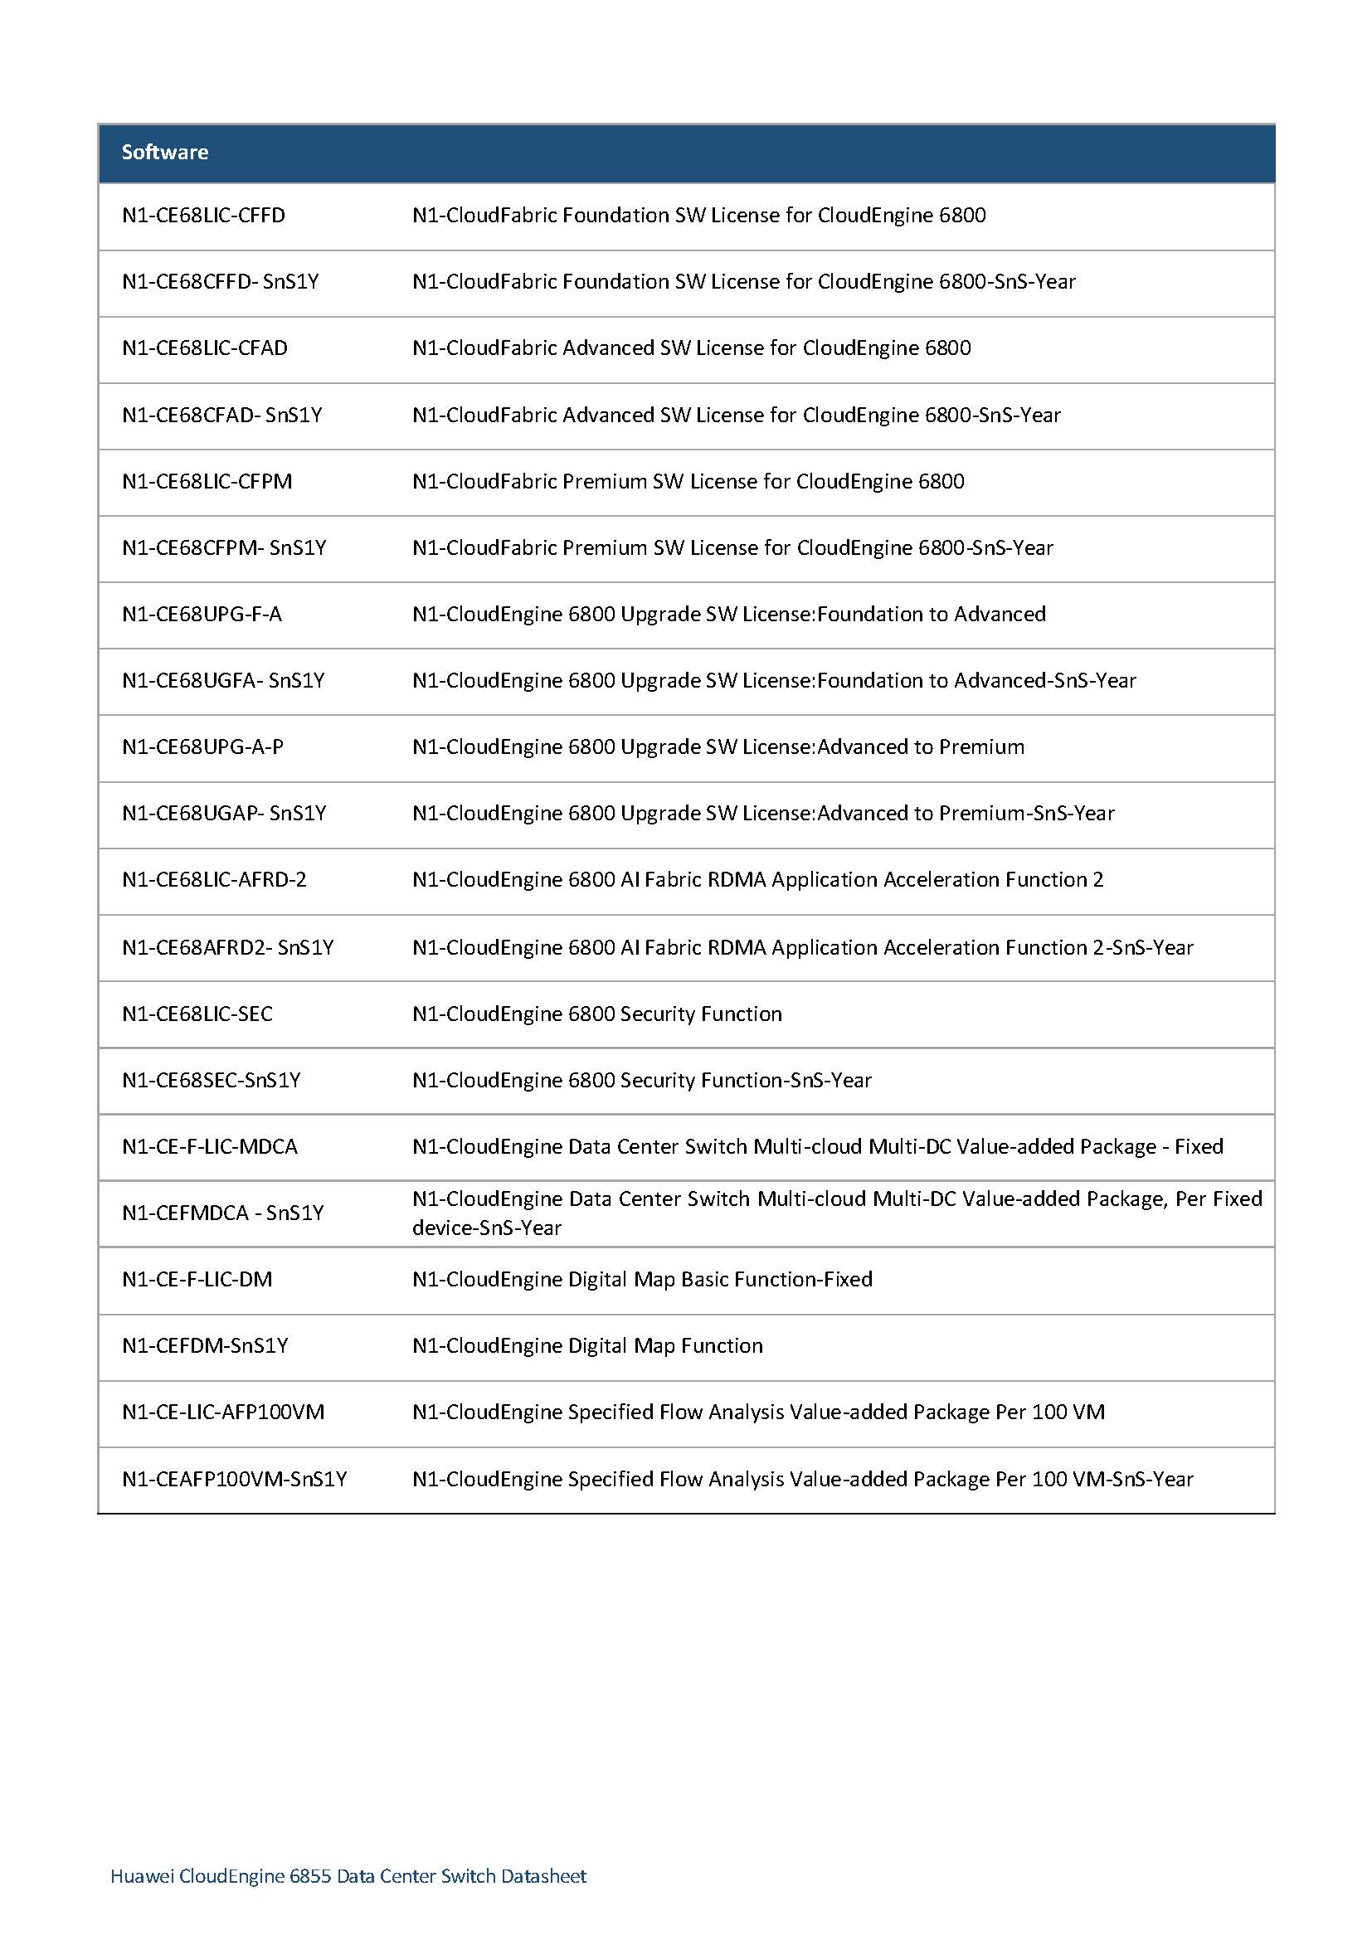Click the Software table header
tap(165, 152)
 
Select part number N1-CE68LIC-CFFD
tap(203, 216)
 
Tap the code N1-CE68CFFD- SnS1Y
tap(221, 281)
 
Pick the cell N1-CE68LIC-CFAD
tap(204, 348)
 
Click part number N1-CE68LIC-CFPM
tap(207, 482)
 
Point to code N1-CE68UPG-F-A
tap(202, 615)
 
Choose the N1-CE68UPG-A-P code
tap(202, 747)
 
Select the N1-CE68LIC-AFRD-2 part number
tap(214, 879)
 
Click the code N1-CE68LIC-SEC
tap(197, 1014)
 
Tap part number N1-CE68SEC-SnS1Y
tap(212, 1081)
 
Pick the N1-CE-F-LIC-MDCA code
tap(210, 1146)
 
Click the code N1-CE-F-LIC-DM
tap(197, 1279)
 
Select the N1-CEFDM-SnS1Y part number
tap(205, 1346)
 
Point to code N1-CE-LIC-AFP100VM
tap(223, 1412)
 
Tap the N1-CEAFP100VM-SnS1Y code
tap(234, 1479)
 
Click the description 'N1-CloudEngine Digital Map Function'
tap(587, 1346)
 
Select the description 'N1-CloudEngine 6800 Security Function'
tap(596, 1014)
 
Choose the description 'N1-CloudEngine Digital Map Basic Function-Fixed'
tap(642, 1279)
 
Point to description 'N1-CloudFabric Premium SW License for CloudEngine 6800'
tap(688, 482)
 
